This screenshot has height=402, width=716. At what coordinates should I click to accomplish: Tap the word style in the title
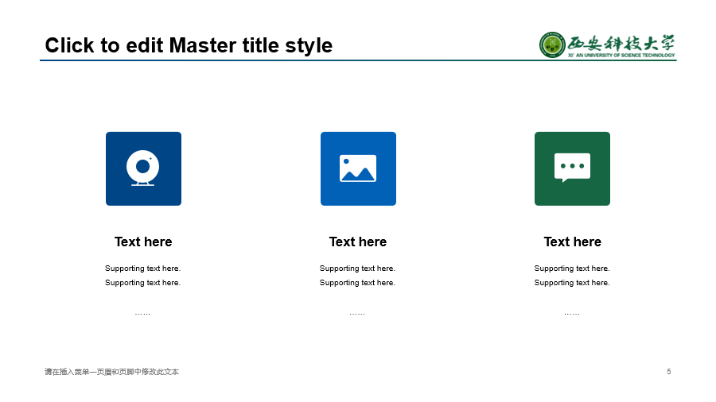pyautogui.click(x=309, y=47)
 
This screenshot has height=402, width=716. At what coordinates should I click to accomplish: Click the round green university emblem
pyautogui.click(x=552, y=44)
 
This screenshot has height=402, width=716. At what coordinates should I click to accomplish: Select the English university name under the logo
pyautogui.click(x=621, y=55)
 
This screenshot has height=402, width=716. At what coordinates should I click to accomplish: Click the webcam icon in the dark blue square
pyautogui.click(x=143, y=168)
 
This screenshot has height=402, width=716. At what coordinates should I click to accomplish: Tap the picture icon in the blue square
pyautogui.click(x=358, y=168)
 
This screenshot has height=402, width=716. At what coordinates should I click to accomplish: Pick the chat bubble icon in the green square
pyautogui.click(x=572, y=168)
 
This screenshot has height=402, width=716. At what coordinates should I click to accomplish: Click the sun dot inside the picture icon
pyautogui.click(x=346, y=161)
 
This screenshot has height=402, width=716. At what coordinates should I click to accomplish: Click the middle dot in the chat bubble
pyautogui.click(x=572, y=166)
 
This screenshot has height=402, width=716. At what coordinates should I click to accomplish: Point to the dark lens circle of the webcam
pyautogui.click(x=143, y=166)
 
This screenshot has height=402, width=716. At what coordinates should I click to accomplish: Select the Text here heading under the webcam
pyautogui.click(x=143, y=242)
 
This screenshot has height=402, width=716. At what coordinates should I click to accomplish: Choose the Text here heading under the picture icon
pyautogui.click(x=358, y=242)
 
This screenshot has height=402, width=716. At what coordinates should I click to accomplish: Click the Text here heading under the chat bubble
pyautogui.click(x=573, y=242)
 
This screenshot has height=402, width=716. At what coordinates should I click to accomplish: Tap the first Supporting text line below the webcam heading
pyautogui.click(x=143, y=269)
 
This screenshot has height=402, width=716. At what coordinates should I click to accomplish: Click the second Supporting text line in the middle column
pyautogui.click(x=357, y=283)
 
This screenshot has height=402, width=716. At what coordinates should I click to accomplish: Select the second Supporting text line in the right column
pyautogui.click(x=572, y=283)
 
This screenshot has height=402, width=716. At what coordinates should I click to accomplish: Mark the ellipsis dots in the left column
pyautogui.click(x=142, y=314)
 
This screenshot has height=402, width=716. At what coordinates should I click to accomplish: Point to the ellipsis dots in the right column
pyautogui.click(x=572, y=314)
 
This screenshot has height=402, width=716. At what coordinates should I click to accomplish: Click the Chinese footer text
pyautogui.click(x=112, y=372)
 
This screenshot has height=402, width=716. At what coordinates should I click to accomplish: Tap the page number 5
pyautogui.click(x=669, y=372)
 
